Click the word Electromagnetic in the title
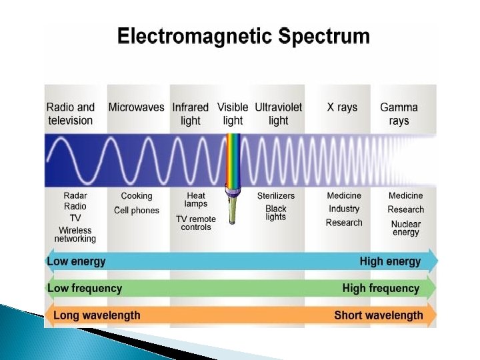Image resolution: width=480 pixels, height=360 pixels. [x=195, y=37]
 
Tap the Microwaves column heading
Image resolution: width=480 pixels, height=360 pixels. [x=136, y=107]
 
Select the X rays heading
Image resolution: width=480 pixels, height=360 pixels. [x=342, y=107]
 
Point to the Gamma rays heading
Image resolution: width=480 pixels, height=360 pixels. [x=399, y=114]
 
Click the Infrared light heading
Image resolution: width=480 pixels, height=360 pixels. [x=190, y=114]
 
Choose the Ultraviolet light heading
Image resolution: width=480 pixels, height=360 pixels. [x=278, y=114]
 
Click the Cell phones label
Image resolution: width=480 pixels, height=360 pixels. [x=137, y=210]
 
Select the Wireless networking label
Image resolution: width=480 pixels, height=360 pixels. [x=75, y=235]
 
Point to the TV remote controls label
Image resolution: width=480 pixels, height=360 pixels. [x=196, y=223]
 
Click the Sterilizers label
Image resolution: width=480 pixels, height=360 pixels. [x=276, y=195]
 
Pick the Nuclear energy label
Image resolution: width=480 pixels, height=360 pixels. [x=406, y=228]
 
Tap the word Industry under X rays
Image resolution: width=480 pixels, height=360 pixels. [x=344, y=209]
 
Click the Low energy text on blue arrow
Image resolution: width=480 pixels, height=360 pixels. [x=76, y=261]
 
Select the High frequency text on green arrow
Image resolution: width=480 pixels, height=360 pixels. [x=381, y=288]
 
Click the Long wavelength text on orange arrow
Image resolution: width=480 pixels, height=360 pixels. [x=97, y=315]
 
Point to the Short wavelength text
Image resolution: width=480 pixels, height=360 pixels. [x=379, y=315]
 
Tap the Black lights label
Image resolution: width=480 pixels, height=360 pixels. [x=276, y=213]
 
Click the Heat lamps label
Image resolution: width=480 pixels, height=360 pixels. [x=196, y=199]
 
